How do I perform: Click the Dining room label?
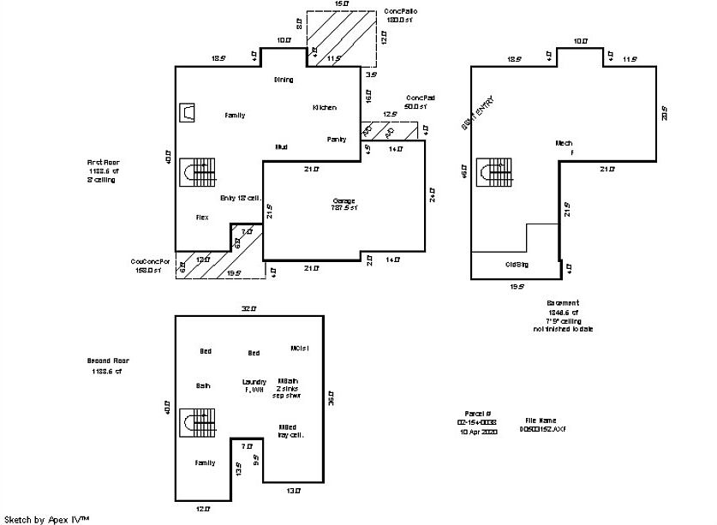pos(284,80)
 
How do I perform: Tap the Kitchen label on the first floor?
pos(325,108)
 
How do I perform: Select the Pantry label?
pos(337,140)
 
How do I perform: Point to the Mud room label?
pos(281,147)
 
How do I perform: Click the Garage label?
pos(344,201)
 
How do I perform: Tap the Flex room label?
pos(202,218)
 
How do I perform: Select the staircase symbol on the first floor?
pos(199,172)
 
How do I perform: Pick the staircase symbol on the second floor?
pos(199,423)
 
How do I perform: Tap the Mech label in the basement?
pos(564,143)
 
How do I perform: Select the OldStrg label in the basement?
pos(517,265)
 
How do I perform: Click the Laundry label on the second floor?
pos(254,381)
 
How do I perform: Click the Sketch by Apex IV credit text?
pos(45,518)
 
